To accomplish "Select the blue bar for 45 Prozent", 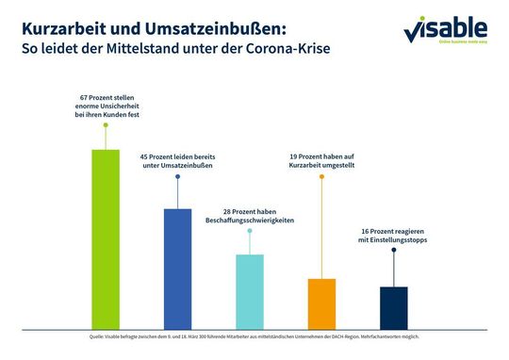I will (177, 268).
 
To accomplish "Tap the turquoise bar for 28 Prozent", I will (250, 291).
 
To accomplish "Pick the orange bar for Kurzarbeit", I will (321, 303).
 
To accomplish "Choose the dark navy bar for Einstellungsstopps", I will (394, 307).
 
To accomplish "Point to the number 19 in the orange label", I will (292, 155).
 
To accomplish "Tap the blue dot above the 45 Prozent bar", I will (177, 176).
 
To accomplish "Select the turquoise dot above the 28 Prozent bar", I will (250, 230).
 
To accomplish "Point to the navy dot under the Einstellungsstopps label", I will (394, 250).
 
